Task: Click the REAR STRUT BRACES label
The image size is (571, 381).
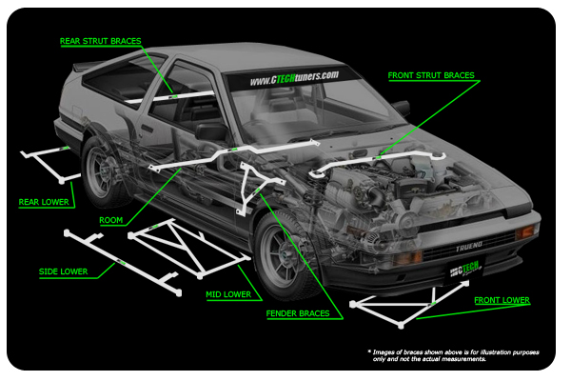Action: point(100,41)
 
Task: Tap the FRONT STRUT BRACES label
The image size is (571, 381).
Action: point(431,75)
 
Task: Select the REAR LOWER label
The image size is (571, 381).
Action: point(44,202)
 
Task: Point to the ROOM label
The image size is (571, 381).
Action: point(111,219)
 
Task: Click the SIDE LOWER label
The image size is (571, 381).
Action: point(63,272)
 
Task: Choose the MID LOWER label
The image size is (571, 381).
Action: point(228,295)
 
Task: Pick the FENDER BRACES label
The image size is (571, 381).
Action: point(299,313)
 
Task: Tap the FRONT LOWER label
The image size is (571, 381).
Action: point(502,301)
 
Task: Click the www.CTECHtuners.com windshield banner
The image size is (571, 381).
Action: point(294,77)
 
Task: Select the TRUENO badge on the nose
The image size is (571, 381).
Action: point(467,246)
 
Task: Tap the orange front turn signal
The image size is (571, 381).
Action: point(523,231)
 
